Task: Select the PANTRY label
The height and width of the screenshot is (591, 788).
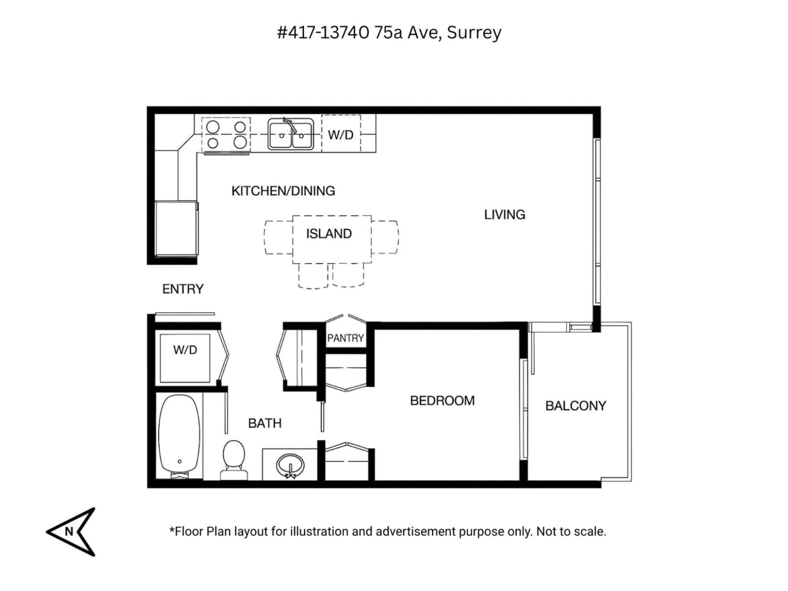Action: [x=345, y=338]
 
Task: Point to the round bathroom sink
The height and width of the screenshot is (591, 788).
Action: [x=290, y=465]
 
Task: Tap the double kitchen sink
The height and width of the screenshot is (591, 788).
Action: [x=291, y=134]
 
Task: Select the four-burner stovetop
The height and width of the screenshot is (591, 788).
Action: [x=226, y=135]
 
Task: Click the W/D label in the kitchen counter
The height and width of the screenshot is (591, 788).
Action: [x=341, y=135]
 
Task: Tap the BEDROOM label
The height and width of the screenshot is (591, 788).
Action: [x=442, y=401]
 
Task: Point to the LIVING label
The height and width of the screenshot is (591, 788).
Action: [x=504, y=215]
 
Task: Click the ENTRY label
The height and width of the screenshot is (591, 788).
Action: [x=183, y=289]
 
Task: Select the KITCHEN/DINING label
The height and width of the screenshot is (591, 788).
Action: [x=283, y=191]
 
